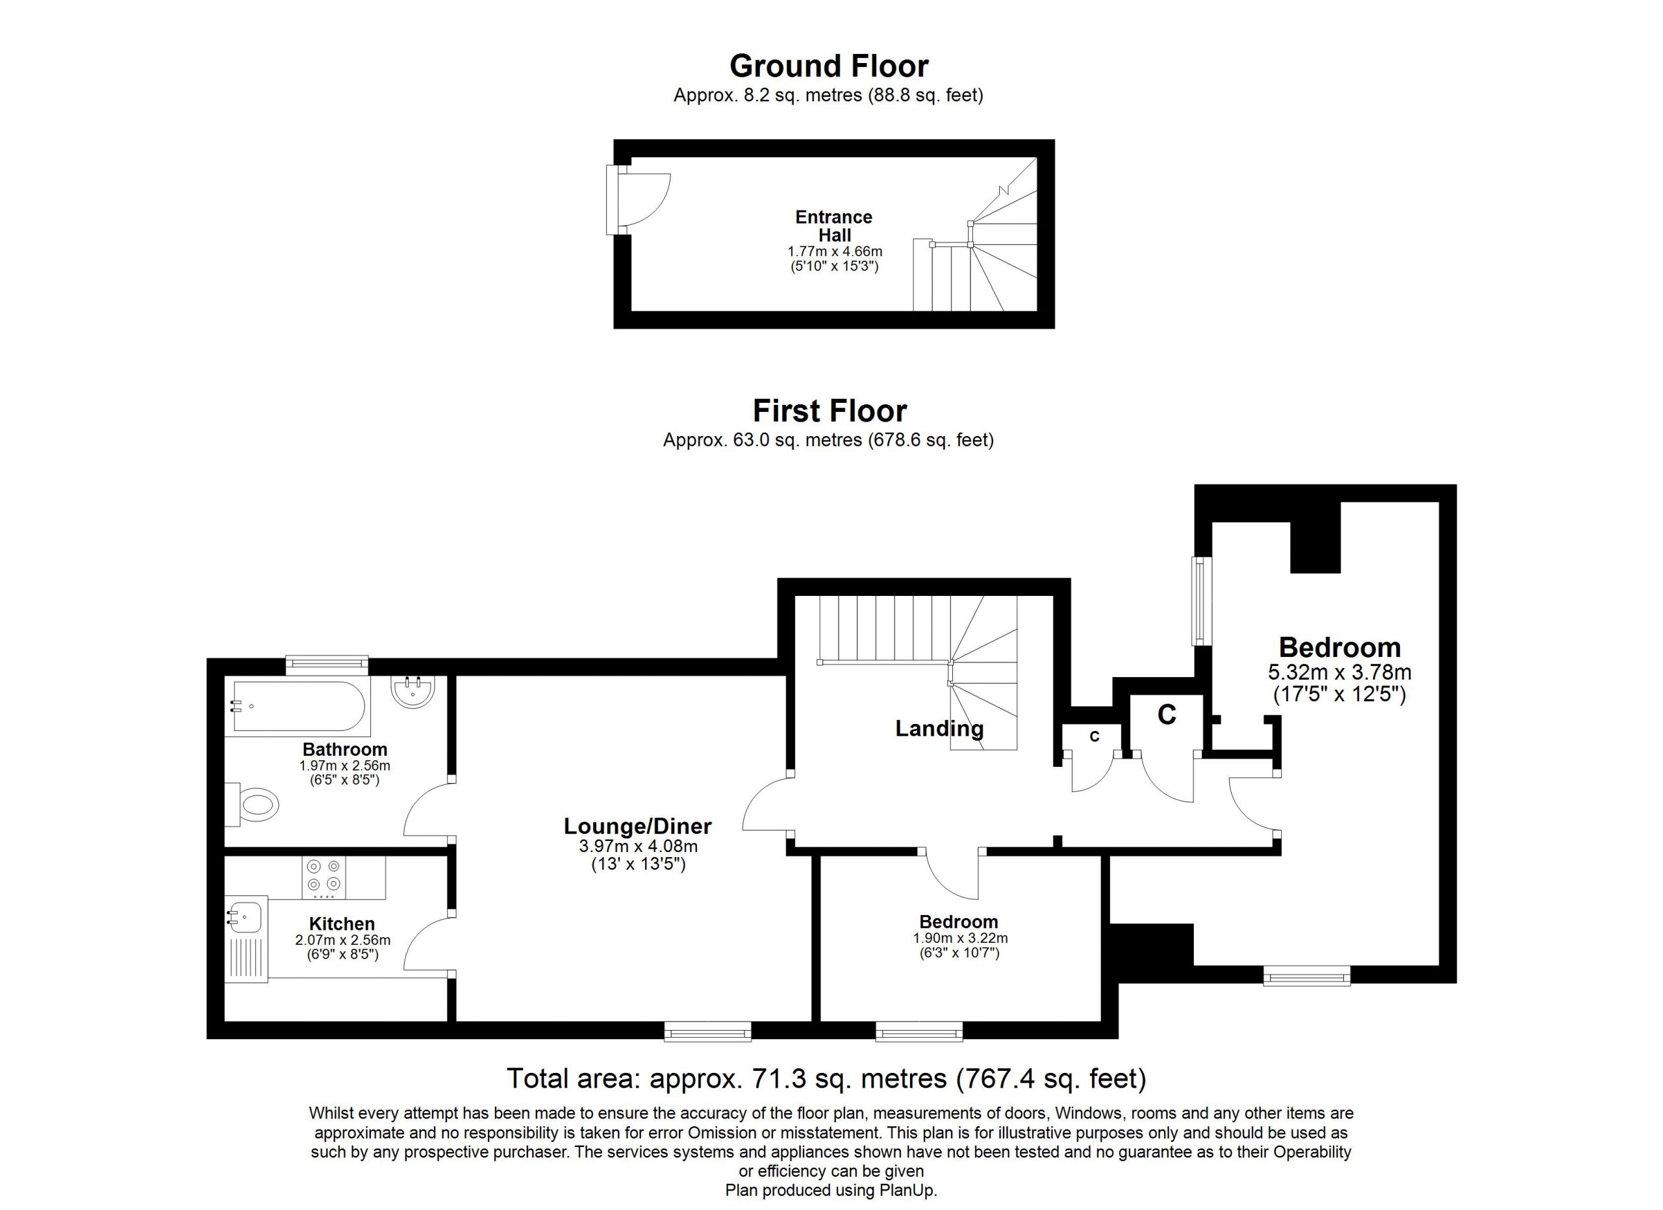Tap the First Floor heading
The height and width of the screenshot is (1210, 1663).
[x=830, y=411]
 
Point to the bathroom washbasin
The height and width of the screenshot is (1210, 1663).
[x=414, y=692]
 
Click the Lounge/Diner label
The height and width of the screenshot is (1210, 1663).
[x=637, y=827]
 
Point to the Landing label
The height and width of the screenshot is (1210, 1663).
[x=939, y=728]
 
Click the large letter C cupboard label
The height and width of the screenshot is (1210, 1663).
[x=1167, y=714]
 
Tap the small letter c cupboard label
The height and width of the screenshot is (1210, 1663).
[x=1095, y=736]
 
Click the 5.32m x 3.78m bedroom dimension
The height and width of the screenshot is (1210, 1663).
[x=1339, y=672]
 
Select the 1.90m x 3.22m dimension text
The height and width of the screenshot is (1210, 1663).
[x=960, y=938]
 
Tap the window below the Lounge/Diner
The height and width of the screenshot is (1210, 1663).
[x=707, y=1033]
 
